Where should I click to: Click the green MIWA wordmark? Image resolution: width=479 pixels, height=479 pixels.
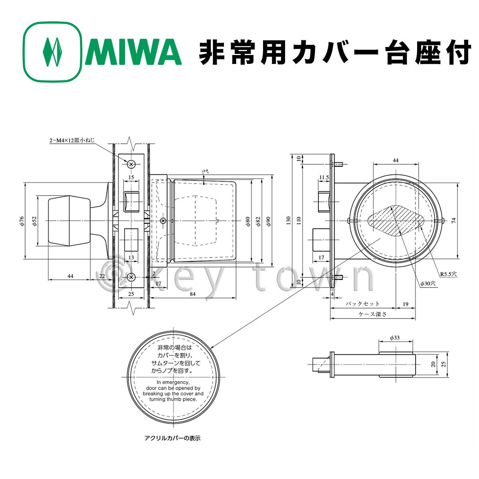[133, 52]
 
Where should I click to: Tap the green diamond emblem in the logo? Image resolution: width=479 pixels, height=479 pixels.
[53, 52]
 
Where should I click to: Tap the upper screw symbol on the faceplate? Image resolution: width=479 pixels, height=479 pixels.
[131, 164]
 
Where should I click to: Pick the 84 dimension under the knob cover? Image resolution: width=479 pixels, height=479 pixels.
[192, 294]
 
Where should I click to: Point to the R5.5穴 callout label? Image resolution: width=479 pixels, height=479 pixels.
[449, 274]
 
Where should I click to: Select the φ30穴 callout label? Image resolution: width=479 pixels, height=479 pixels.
[428, 283]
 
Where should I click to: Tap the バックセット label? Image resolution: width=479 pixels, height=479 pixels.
[362, 304]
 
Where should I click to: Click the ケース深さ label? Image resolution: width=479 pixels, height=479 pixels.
[372, 314]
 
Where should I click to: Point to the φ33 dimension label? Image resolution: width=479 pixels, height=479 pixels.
[394, 338]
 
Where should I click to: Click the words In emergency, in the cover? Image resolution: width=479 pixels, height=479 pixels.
[173, 382]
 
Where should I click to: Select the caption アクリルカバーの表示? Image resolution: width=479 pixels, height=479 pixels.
[172, 438]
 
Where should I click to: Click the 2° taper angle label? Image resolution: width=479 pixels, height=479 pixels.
[205, 172]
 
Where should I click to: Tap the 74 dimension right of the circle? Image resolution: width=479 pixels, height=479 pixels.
[453, 221]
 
